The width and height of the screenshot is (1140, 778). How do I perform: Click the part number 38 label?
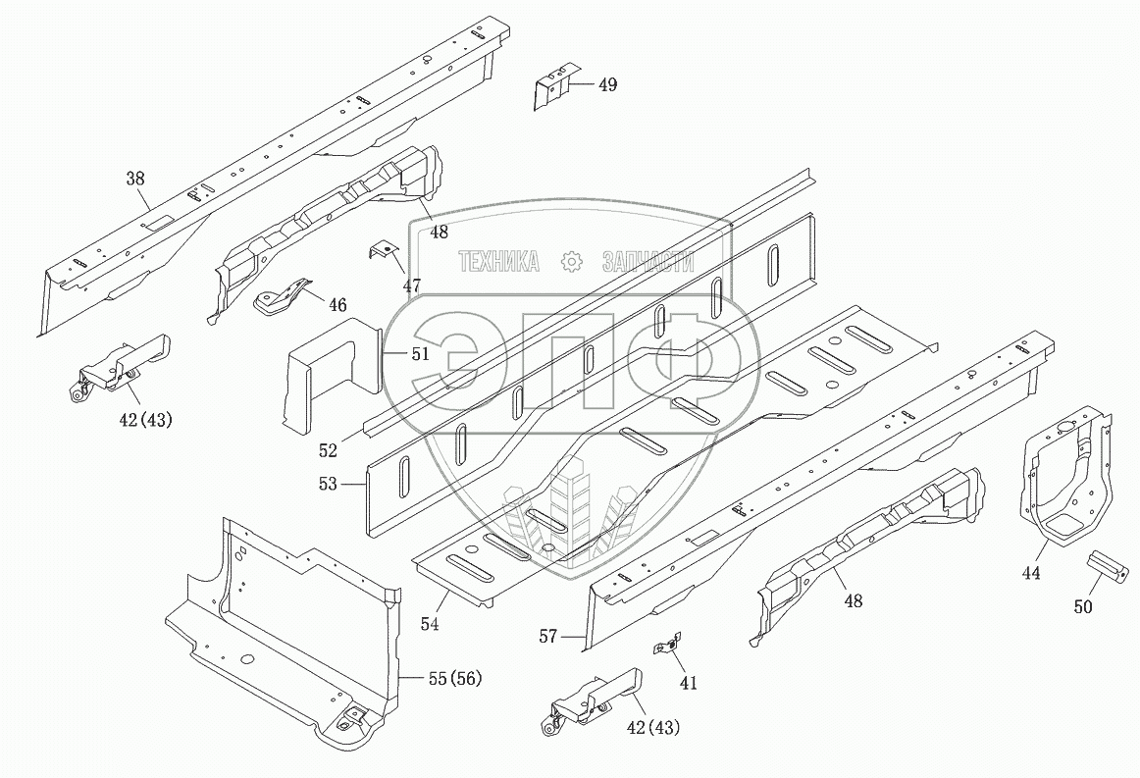tap(135, 179)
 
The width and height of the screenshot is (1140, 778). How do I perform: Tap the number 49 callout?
tap(607, 85)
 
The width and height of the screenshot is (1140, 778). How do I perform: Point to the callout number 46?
tap(337, 305)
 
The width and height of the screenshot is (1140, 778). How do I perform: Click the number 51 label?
tap(420, 354)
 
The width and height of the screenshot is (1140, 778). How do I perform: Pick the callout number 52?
tap(328, 451)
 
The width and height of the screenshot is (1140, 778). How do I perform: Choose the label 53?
tap(328, 484)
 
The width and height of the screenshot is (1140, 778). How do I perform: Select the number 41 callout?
tap(688, 683)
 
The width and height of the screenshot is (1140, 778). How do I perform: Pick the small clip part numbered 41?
tap(666, 647)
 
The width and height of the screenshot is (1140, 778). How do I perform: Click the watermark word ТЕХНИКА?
tap(500, 262)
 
